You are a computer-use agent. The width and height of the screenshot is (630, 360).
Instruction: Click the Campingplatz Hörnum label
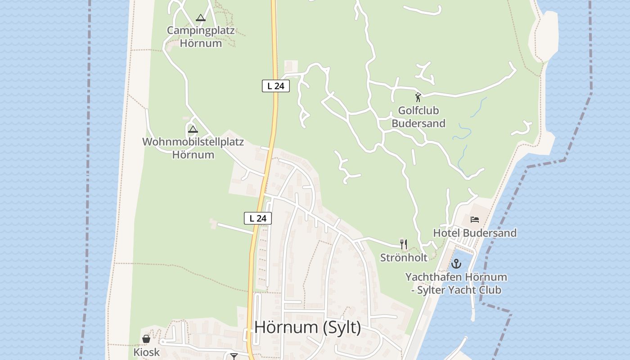tap(201, 37)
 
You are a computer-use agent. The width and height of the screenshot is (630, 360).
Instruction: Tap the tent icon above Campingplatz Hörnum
tap(201, 18)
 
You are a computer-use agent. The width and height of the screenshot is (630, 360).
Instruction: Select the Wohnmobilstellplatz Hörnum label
tap(193, 148)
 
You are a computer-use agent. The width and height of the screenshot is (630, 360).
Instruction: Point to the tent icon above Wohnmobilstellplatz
tap(193, 130)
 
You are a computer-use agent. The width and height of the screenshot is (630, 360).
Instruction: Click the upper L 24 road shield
tap(275, 86)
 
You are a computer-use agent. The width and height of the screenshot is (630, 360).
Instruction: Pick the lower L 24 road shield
tap(258, 218)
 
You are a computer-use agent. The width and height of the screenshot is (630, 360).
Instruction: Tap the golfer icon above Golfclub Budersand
tap(418, 97)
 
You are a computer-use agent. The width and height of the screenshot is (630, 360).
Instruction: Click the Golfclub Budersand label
tap(418, 117)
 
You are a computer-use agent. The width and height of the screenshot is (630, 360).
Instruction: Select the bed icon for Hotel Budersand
tap(475, 220)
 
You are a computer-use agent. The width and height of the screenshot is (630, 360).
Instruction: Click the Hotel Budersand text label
tap(475, 233)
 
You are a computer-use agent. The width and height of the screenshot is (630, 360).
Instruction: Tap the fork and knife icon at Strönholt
tap(404, 244)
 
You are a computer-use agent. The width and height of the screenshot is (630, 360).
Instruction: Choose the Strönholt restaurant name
tap(404, 258)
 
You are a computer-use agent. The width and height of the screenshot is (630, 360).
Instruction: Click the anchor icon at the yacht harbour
tap(456, 264)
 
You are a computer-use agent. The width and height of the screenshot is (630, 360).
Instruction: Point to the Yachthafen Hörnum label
tap(456, 277)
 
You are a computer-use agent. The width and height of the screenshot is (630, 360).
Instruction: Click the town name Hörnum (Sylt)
tap(307, 327)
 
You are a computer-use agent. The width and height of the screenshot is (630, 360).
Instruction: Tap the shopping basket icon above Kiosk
tap(146, 338)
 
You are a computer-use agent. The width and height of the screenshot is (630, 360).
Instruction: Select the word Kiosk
tap(146, 352)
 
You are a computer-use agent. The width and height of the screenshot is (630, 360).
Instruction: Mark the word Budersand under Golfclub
tap(418, 123)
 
